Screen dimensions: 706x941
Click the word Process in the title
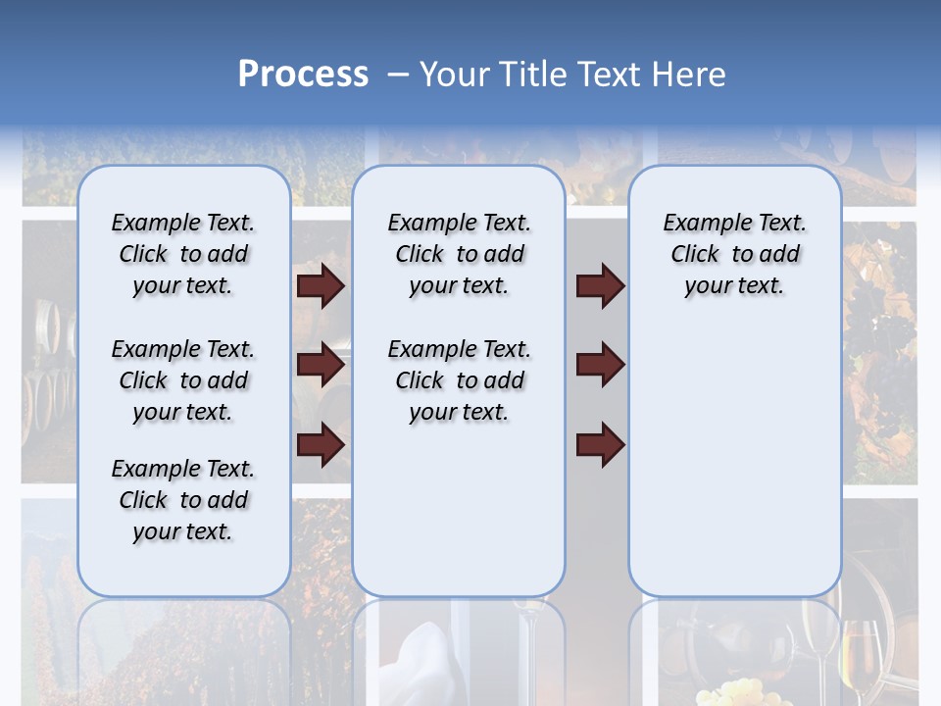[x=303, y=75]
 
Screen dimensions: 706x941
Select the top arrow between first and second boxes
[x=321, y=285]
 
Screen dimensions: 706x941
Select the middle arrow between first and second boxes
[x=321, y=365]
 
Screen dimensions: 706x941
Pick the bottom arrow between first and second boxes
[x=321, y=444]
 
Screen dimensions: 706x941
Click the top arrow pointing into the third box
[x=600, y=285]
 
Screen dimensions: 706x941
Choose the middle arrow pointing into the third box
[x=600, y=365]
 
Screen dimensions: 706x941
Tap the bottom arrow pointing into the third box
[x=600, y=444]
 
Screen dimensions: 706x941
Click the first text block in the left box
[x=183, y=254]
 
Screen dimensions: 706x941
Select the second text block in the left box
[x=183, y=380]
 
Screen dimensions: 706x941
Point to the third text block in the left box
[x=183, y=500]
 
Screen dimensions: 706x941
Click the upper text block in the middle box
[x=459, y=254]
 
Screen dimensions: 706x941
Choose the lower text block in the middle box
[x=459, y=380]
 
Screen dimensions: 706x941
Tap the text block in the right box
[x=734, y=254]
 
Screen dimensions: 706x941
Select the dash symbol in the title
[x=397, y=75]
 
